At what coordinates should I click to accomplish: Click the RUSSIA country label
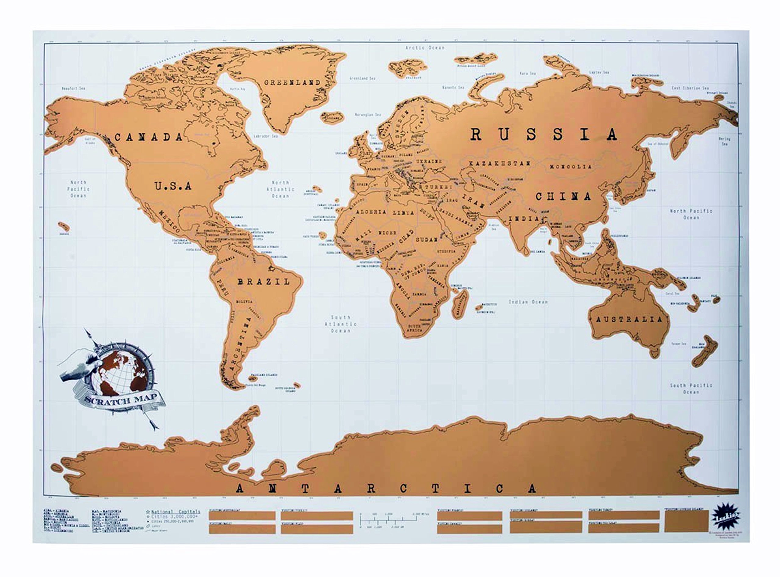pyautogui.click(x=543, y=135)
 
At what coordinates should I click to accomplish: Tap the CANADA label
pyautogui.click(x=149, y=137)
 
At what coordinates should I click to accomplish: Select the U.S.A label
pyautogui.click(x=173, y=186)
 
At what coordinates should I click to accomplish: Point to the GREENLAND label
pyautogui.click(x=292, y=83)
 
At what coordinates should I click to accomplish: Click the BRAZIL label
pyautogui.click(x=264, y=282)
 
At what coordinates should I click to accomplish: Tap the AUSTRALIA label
pyautogui.click(x=629, y=319)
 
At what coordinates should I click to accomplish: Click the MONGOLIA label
pyautogui.click(x=571, y=167)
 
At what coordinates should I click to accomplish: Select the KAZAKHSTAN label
pyautogui.click(x=500, y=163)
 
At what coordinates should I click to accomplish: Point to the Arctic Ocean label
pyautogui.click(x=425, y=47)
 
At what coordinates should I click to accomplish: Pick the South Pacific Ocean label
pyautogui.click(x=691, y=388)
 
